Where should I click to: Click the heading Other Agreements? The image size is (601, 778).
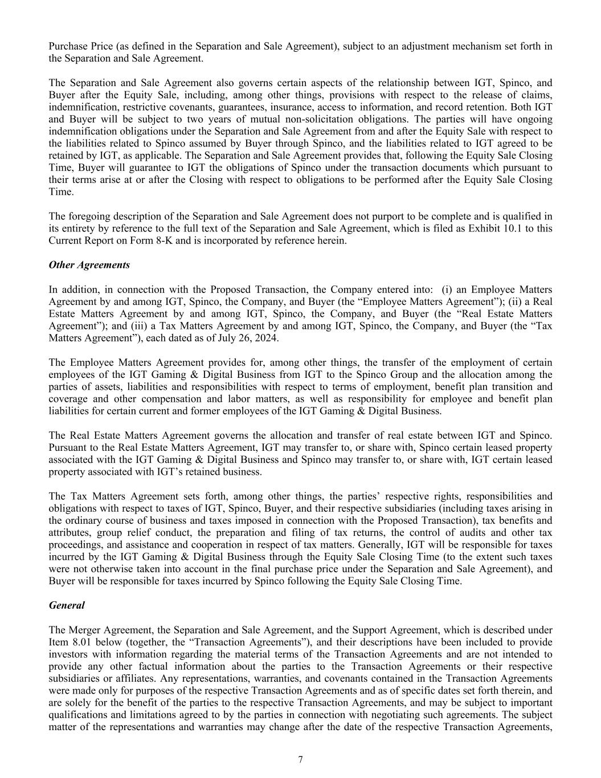[89, 265]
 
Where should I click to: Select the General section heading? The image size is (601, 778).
[67, 605]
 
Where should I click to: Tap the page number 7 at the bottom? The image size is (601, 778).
[300, 759]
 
